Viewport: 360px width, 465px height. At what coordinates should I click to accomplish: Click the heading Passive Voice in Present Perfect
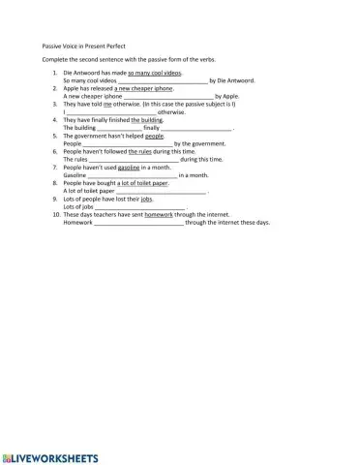tap(84, 46)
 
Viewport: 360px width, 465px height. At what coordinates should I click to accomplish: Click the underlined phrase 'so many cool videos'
tap(155, 73)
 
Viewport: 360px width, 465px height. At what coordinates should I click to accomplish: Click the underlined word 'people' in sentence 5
tap(155, 136)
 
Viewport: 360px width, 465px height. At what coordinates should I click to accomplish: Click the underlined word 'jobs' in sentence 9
tap(147, 198)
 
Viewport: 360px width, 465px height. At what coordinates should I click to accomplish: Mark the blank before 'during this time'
tap(135, 159)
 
